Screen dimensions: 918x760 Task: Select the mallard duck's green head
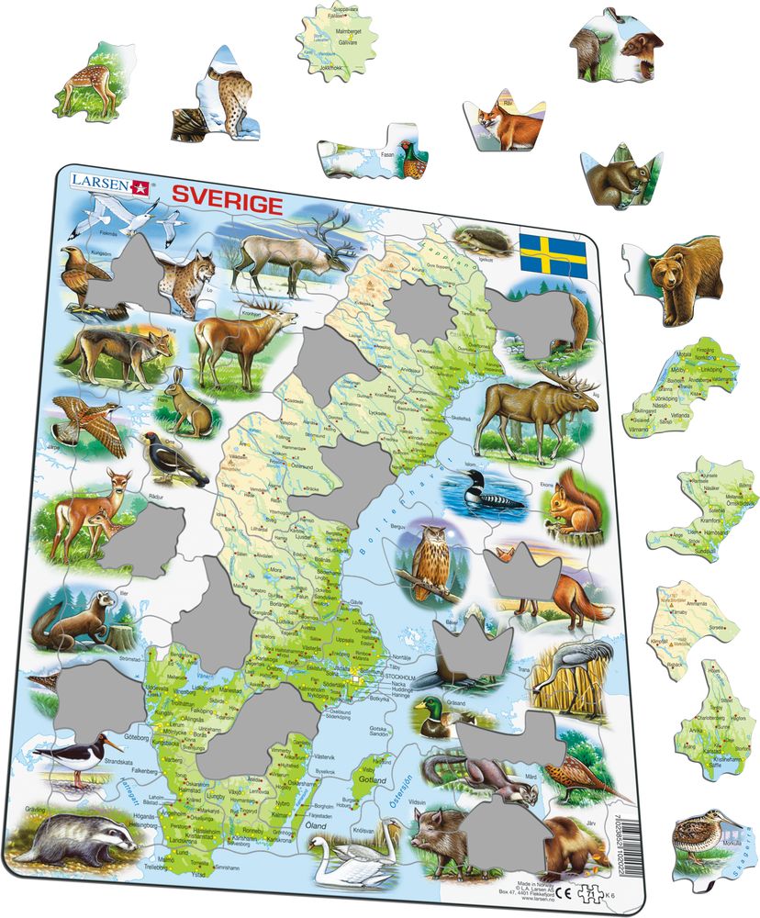pos(427,707)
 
